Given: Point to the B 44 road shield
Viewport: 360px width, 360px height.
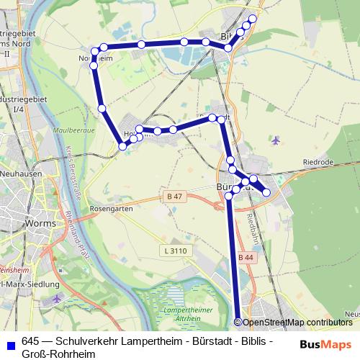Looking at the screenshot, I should click(x=246, y=257).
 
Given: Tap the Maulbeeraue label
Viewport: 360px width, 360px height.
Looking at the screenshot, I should click(x=70, y=131).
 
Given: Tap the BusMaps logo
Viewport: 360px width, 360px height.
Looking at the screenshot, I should click(x=325, y=345).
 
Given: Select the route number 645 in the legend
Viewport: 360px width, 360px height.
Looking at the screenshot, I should click(x=30, y=341).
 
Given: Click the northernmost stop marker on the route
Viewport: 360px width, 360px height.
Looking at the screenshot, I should click(x=253, y=19).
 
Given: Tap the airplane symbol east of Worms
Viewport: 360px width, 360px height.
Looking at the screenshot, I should click(x=58, y=297).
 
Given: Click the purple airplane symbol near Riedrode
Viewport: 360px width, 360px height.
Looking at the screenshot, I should click(x=277, y=140).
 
